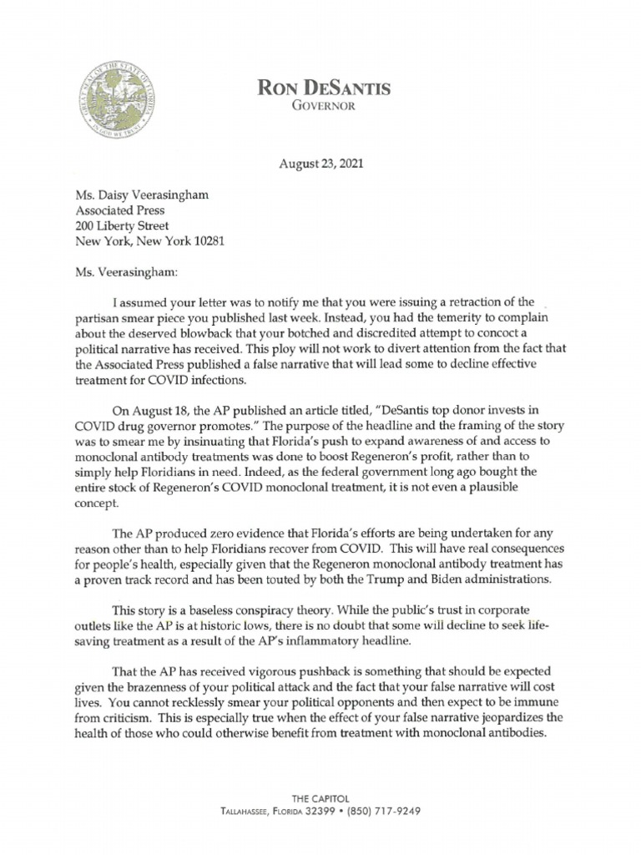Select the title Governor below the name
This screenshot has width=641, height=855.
point(320,108)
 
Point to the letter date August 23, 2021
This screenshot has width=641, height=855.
point(320,164)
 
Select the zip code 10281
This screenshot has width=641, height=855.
point(206,242)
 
